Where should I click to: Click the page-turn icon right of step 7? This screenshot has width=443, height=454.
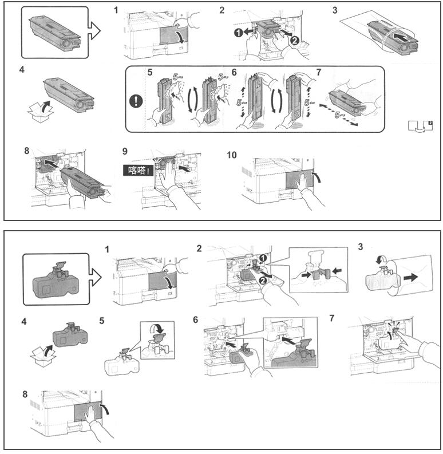419,126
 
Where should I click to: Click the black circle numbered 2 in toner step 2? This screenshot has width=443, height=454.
294,41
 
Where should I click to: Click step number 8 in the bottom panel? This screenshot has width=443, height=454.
25,394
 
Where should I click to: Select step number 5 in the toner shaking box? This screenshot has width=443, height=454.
150,73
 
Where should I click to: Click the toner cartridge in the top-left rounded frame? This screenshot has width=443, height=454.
55,32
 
